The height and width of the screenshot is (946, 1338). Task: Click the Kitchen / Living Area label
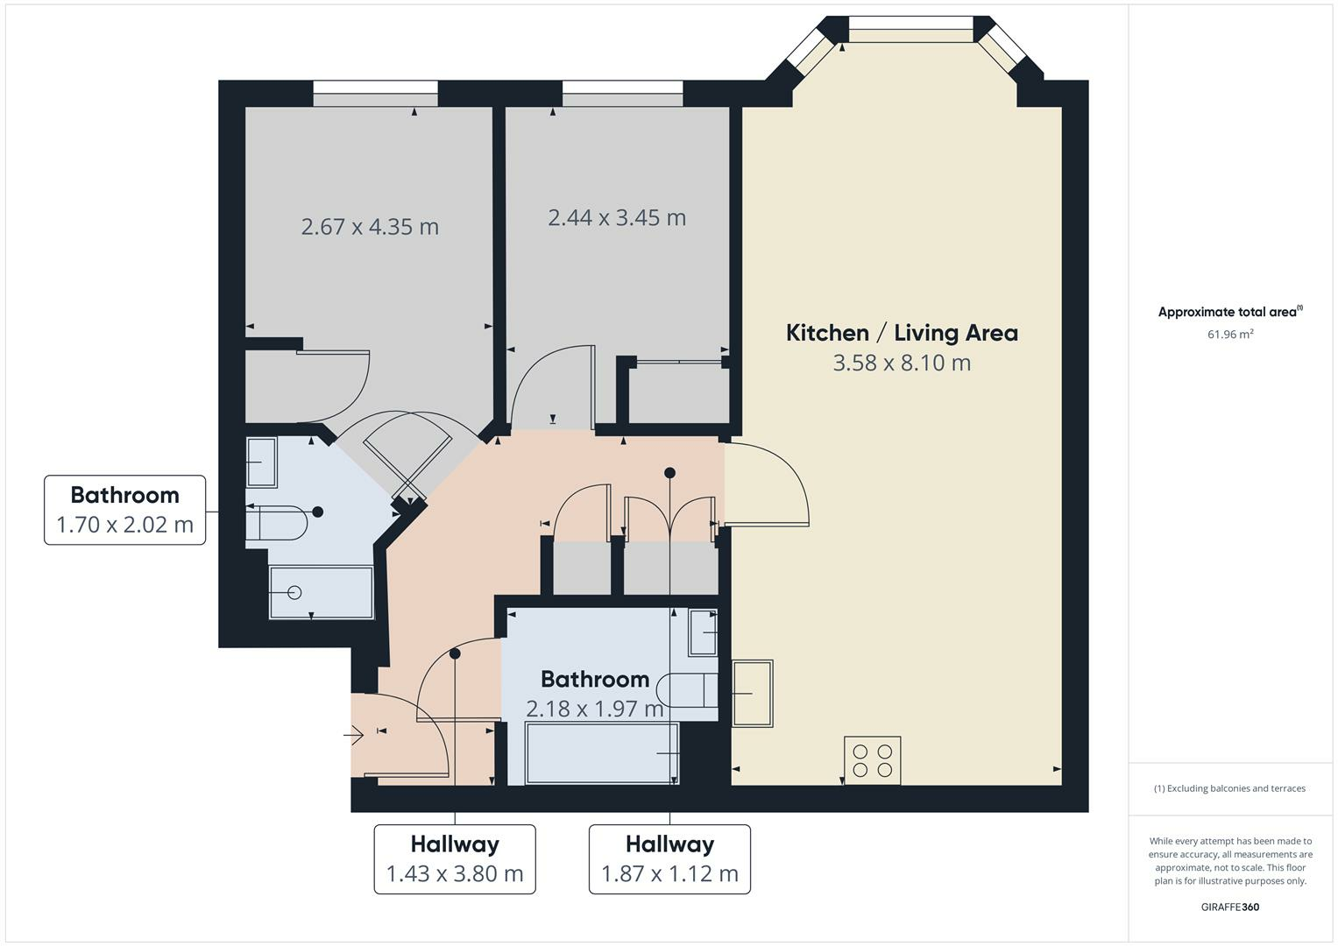902,333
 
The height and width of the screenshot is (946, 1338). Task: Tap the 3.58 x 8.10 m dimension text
902,363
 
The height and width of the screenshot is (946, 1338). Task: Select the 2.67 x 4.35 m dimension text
370,227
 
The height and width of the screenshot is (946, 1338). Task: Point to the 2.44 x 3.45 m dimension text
617,217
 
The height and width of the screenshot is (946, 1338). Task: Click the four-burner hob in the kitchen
872,760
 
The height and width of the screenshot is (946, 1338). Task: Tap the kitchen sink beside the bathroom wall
753,693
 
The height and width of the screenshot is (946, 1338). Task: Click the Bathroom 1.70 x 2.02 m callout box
125,510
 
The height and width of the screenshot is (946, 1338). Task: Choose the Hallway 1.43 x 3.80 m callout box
455,858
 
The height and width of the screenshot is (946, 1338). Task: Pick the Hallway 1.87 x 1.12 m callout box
669,858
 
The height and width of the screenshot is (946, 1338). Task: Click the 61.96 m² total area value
1229,334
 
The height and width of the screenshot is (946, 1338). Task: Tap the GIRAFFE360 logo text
1229,907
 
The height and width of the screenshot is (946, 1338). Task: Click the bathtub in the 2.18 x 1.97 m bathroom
602,752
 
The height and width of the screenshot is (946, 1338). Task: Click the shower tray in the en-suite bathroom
321,592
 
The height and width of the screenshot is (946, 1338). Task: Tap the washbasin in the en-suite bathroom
261,462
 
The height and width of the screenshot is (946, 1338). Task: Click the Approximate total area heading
1229,312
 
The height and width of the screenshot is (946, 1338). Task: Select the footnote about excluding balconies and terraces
1229,788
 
